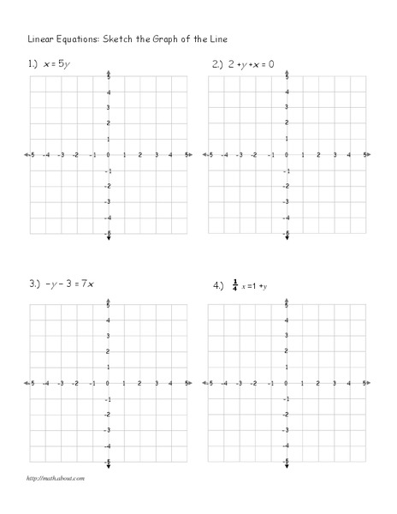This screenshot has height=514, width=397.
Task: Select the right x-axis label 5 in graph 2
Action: pos(365,155)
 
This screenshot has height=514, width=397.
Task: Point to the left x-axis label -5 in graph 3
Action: pos(32,384)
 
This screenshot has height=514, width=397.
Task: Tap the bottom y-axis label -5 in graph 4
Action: pos(286,462)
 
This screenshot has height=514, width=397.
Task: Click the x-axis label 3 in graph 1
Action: pos(156,155)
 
